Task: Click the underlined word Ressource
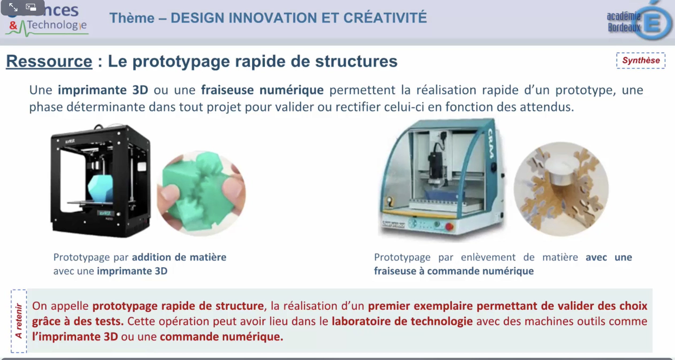tap(49, 61)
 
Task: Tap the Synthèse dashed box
tap(641, 60)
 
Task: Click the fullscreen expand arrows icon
tap(13, 7)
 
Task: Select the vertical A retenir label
tap(19, 321)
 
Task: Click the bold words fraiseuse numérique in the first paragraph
tap(262, 90)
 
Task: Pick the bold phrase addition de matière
tap(179, 257)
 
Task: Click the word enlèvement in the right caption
tap(488, 257)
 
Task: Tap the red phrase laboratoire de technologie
tap(402, 321)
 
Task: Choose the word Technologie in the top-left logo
tap(57, 25)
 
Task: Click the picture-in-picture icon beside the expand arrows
tap(31, 7)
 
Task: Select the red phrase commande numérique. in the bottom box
tap(221, 336)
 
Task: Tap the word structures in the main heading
tap(356, 61)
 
